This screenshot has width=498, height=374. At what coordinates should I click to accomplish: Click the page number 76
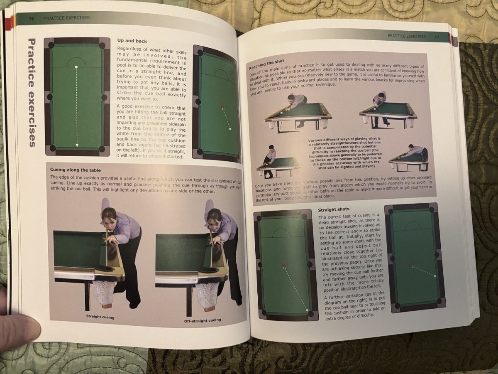click(x=31, y=18)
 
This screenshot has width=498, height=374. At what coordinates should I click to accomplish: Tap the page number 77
click(x=437, y=37)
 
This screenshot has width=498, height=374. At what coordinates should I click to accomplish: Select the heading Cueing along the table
click(x=75, y=170)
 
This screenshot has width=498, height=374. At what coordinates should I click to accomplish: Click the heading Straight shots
click(x=333, y=209)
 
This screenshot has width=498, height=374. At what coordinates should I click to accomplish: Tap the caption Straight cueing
click(x=100, y=316)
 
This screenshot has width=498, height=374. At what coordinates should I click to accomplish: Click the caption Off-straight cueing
click(x=202, y=320)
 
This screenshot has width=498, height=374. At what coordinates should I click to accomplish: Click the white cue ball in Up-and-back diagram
click(x=76, y=67)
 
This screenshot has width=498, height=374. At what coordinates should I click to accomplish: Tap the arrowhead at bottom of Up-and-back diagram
click(x=77, y=145)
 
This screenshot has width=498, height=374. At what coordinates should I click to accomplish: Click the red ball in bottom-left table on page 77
click(x=283, y=265)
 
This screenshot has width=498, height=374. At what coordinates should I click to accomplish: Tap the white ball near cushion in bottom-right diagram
click(x=435, y=276)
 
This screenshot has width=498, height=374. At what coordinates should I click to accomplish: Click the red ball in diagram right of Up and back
click(x=222, y=107)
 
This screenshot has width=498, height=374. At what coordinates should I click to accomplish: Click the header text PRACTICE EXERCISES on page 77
click(x=406, y=36)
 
